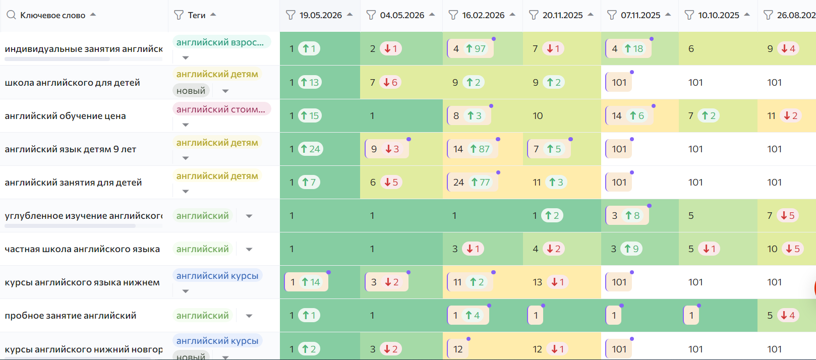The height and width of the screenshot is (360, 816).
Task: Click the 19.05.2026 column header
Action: coord(321,15)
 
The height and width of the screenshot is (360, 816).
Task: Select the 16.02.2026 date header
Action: coord(483,15)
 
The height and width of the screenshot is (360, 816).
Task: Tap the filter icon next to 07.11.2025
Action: coord(612,15)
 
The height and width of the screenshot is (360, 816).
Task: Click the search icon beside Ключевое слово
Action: coord(11,15)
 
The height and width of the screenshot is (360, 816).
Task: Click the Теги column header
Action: coord(196,15)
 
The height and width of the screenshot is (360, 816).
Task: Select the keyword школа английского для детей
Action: coord(72,83)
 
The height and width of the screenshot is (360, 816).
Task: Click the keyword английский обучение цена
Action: coord(65,116)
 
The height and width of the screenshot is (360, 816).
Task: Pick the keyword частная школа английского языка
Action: coord(82,249)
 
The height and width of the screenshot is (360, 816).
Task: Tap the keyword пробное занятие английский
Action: coord(70,316)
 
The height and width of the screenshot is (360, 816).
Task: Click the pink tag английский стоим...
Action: coord(221,109)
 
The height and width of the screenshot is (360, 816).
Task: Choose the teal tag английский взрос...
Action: coord(221,42)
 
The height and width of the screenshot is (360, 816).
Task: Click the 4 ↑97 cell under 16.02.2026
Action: coord(471,48)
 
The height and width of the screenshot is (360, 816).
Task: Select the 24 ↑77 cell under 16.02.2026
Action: coord(473,182)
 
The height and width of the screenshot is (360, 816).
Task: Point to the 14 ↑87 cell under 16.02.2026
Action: coord(473,149)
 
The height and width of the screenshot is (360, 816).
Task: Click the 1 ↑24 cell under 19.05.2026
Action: coord(305,149)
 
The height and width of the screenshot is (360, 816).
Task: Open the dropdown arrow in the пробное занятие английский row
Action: coord(249,316)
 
